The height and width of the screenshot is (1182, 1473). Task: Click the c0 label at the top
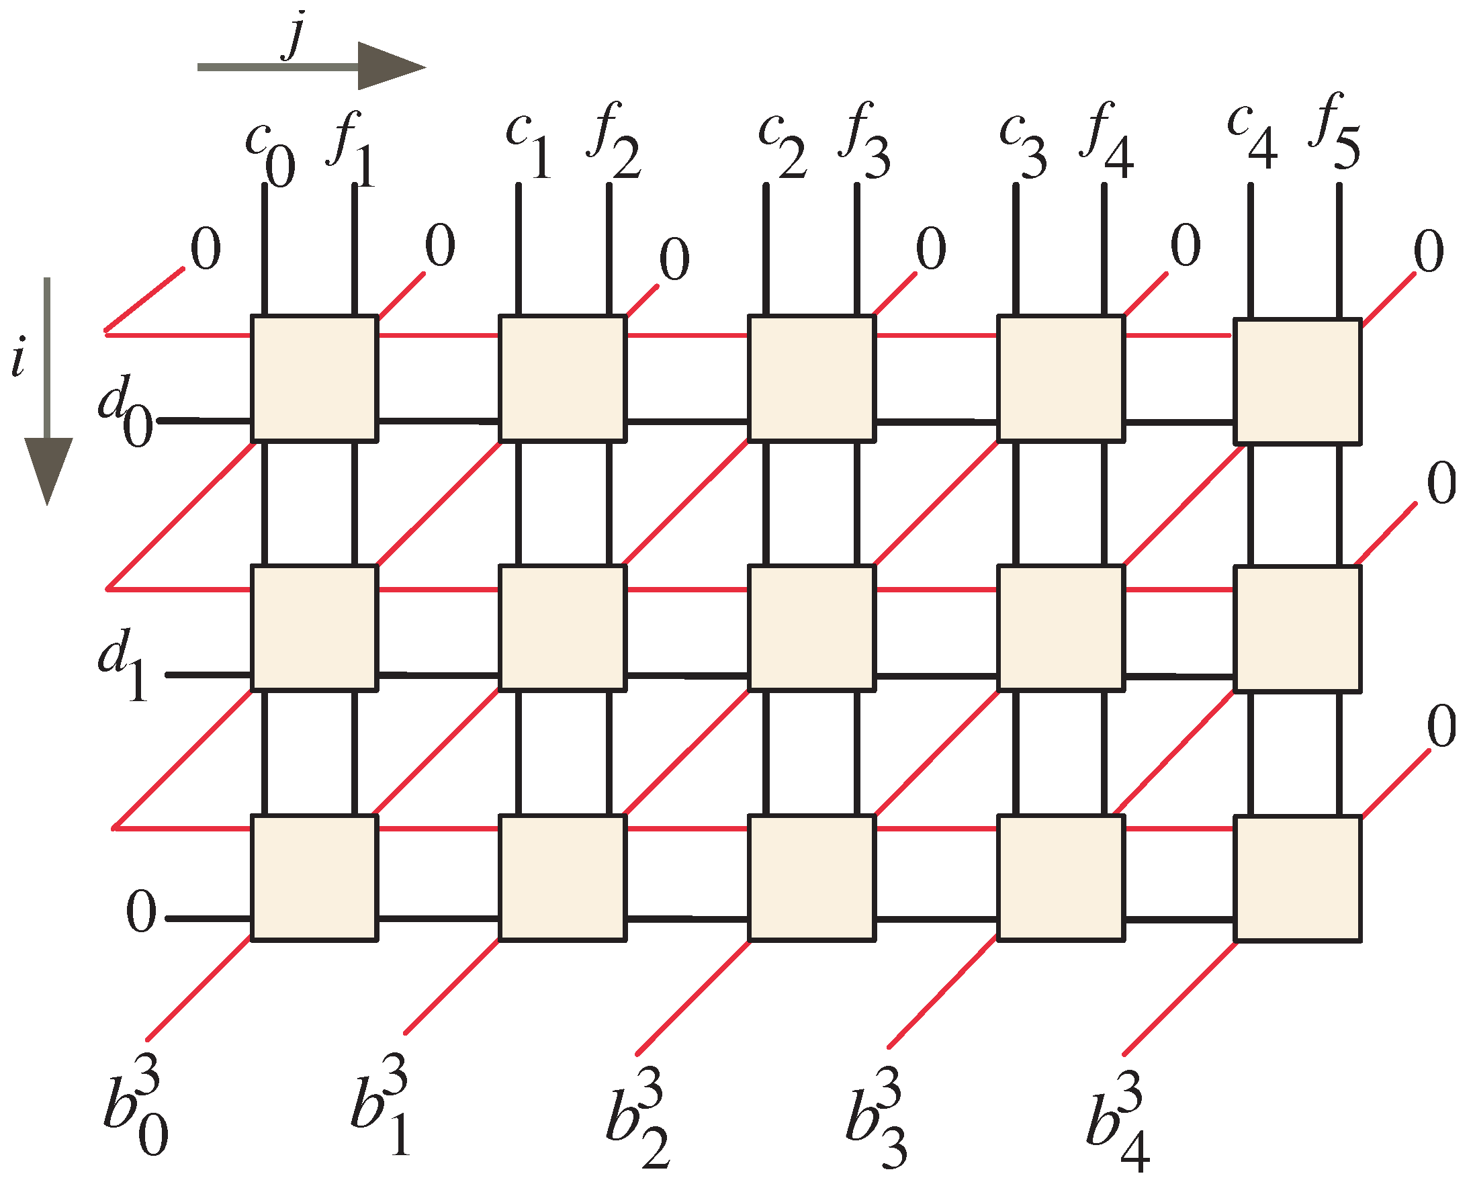(271, 154)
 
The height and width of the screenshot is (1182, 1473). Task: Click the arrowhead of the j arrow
(390, 66)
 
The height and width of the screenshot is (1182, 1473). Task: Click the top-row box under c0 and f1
(314, 378)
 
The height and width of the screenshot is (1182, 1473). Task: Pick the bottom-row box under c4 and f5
(1297, 878)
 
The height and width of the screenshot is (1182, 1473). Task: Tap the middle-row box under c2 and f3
(811, 628)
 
